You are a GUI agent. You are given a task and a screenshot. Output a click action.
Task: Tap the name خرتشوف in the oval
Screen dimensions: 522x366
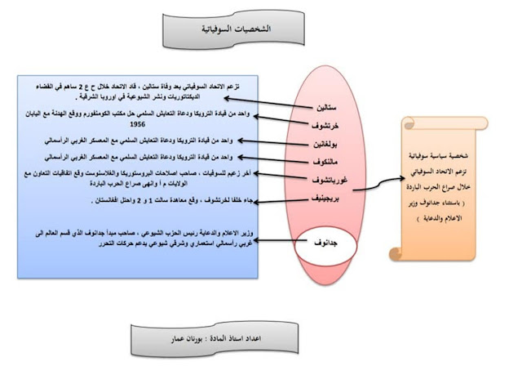point(326,125)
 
